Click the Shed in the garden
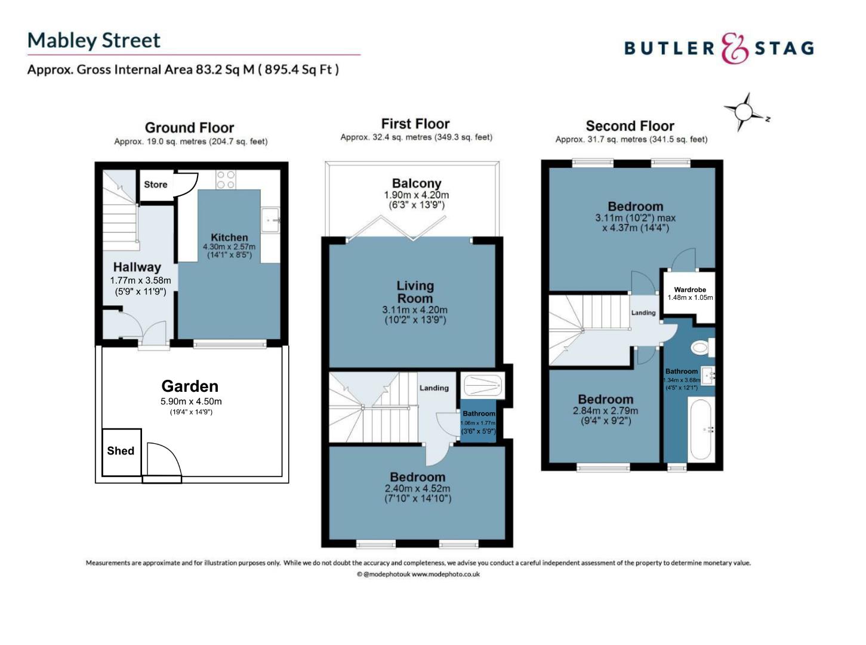122,452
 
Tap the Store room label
155,185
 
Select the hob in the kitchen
226,180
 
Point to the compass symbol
744,112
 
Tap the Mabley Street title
94,40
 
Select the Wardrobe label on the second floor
690,290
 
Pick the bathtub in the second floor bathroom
702,429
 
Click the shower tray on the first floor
483,386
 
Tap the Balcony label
417,183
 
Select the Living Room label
415,292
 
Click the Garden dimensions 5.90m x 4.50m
191,401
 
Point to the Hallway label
137,267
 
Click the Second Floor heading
630,126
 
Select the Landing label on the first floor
434,388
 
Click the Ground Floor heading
189,128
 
